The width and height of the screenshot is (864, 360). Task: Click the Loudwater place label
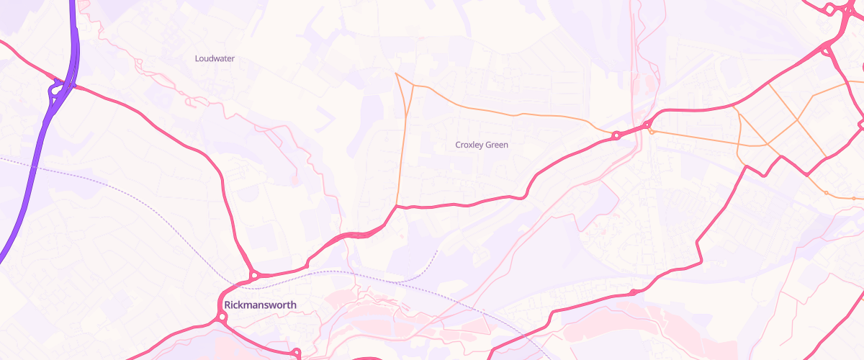coord(215,58)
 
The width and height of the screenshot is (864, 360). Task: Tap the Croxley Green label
coord(482,145)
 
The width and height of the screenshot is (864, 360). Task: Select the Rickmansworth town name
coord(260,305)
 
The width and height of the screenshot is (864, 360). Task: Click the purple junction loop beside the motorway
coord(55,90)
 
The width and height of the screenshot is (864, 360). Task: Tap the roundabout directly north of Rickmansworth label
coord(254,275)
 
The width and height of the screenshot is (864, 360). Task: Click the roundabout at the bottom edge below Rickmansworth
coord(296,352)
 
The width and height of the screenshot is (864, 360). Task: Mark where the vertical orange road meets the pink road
coord(397,206)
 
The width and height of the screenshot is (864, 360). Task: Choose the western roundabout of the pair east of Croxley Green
coord(616,135)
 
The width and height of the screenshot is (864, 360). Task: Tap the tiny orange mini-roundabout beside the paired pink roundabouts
coord(652,132)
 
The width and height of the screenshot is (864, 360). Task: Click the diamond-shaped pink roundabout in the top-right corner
coord(829,9)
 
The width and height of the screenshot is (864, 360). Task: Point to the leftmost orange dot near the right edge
coord(826,193)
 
